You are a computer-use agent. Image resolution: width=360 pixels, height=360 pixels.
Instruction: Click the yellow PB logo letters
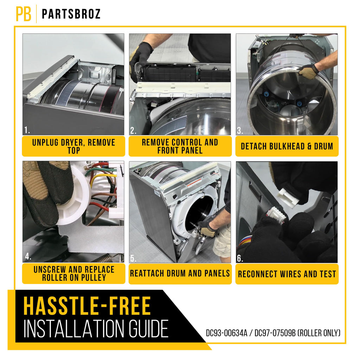pyautogui.click(x=24, y=14)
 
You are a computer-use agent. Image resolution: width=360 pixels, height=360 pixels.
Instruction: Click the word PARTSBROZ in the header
pyautogui.click(x=71, y=14)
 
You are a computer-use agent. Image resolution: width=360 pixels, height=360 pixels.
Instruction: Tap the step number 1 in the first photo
pyautogui.click(x=27, y=130)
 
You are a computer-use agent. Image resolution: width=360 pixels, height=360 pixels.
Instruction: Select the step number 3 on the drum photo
pyautogui.click(x=240, y=130)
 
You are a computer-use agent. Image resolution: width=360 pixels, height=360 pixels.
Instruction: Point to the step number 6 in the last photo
pyautogui.click(x=240, y=258)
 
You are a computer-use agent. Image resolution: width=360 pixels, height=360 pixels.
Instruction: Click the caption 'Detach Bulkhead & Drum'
pyautogui.click(x=287, y=146)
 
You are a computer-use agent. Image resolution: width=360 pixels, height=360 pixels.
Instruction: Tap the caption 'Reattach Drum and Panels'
pyautogui.click(x=180, y=274)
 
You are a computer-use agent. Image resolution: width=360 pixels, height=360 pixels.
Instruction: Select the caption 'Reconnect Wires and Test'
pyautogui.click(x=287, y=274)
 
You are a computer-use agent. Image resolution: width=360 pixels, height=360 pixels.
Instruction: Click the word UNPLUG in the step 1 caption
pyautogui.click(x=45, y=143)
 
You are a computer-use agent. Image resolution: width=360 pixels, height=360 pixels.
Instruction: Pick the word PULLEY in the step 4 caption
pyautogui.click(x=94, y=278)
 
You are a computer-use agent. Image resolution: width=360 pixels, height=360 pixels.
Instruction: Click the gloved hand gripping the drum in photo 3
pyautogui.click(x=308, y=71)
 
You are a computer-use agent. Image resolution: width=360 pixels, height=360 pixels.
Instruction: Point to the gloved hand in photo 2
pyautogui.click(x=140, y=59)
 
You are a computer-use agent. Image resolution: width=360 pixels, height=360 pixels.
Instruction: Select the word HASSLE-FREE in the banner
pyautogui.click(x=87, y=306)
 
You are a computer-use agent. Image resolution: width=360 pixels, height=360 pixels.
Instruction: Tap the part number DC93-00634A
pyautogui.click(x=226, y=333)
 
